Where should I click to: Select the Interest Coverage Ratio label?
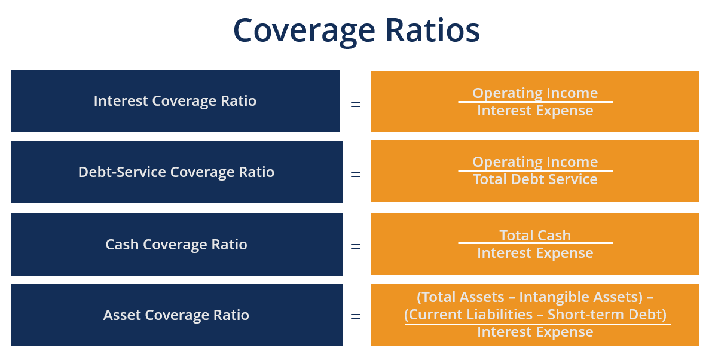coord(175,101)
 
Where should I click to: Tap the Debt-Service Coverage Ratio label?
coord(176,172)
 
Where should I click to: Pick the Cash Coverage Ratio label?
coord(176,245)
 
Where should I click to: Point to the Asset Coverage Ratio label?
coord(176,315)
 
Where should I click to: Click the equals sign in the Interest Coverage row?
coord(356,104)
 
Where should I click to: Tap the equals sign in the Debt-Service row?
coord(356,175)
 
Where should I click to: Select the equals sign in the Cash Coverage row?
coord(356,246)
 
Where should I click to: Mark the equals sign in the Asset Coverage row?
coord(356,316)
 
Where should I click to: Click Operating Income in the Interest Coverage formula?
coord(535,93)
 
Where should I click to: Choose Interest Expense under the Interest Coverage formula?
coord(535,111)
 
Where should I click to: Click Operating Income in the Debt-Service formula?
coord(535,162)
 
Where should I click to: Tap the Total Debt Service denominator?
coord(535,179)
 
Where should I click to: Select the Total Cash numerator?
coord(535,236)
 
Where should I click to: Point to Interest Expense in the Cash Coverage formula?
coord(535,253)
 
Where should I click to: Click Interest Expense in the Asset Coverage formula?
coord(535,332)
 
